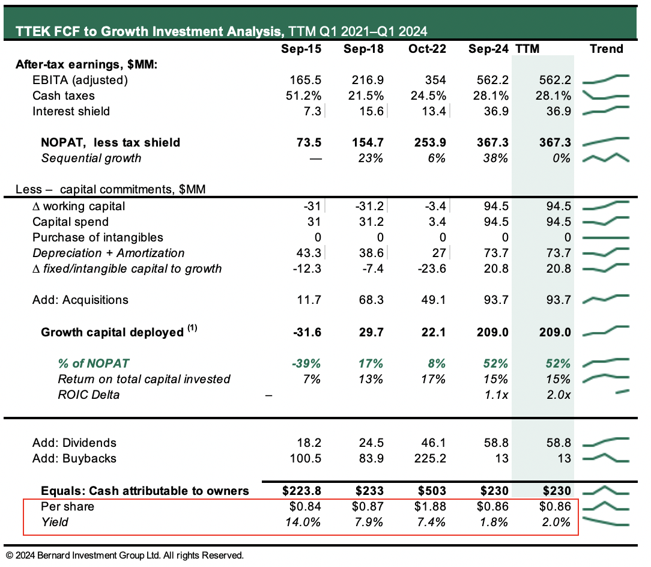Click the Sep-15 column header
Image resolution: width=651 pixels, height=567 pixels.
pos(301,49)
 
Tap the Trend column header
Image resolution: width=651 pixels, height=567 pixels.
pos(606,49)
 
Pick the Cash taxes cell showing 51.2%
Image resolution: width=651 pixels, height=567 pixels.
pos(305,96)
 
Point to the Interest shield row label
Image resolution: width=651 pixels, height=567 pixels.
pos(71,111)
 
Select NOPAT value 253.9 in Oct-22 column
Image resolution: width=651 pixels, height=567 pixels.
pos(428,142)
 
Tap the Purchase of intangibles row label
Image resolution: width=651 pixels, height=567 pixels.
pos(97,237)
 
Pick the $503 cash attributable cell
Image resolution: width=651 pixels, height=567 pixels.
pos(432,491)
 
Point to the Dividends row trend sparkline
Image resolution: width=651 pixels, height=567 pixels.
pos(606,443)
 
